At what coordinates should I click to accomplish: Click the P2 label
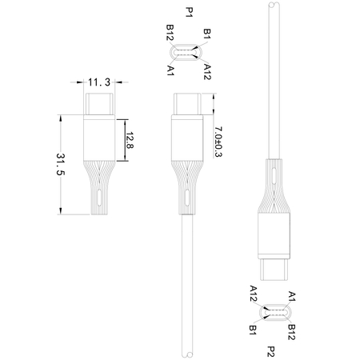[273, 350]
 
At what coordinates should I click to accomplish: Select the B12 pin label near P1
[170, 34]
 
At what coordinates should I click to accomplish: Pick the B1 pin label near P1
[206, 34]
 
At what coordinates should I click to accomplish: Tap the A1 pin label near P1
[171, 70]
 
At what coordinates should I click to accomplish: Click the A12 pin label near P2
[253, 293]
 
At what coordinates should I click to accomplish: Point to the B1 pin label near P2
[253, 328]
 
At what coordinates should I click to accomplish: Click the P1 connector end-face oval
[188, 52]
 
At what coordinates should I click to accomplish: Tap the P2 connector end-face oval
[272, 311]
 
